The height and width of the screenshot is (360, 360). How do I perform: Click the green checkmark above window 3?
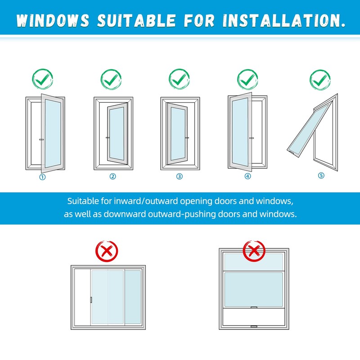pyautogui.click(x=180, y=79)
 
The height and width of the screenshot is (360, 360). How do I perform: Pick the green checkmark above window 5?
pyautogui.click(x=320, y=80)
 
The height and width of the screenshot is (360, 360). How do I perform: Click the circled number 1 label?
pyautogui.click(x=43, y=176)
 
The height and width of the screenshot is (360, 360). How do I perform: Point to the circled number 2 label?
pyautogui.click(x=113, y=176)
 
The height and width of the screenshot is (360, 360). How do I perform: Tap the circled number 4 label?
pyautogui.click(x=247, y=176)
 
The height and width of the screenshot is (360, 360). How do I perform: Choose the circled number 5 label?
pyautogui.click(x=321, y=175)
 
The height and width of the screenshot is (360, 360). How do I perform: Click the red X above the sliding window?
pyautogui.click(x=107, y=251)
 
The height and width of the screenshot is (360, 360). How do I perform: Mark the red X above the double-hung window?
pyautogui.click(x=253, y=251)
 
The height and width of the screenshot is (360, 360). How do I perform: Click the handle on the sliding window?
pyautogui.click(x=91, y=300)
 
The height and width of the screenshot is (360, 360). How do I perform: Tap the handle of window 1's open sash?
pyautogui.click(x=41, y=140)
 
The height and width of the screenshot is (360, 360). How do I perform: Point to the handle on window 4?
pyautogui.click(x=251, y=137)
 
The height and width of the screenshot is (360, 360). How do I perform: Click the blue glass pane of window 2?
pyautogui.click(x=117, y=133)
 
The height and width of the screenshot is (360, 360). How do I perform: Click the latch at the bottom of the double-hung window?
pyautogui.click(x=253, y=326)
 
